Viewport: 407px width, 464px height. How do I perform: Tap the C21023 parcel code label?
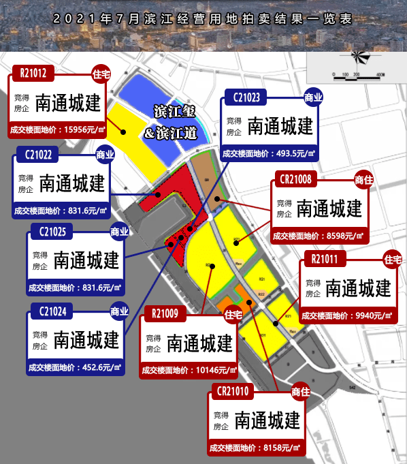(247, 97)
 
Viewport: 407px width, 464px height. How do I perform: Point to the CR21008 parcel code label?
(295, 181)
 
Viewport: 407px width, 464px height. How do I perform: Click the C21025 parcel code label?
(52, 232)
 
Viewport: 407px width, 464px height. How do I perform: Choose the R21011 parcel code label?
(329, 259)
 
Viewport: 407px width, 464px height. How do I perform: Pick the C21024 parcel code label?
(52, 313)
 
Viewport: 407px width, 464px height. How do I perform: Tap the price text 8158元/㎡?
(276, 448)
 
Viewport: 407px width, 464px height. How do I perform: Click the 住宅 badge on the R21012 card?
(100, 70)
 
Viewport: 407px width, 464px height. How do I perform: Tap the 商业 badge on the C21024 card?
(119, 312)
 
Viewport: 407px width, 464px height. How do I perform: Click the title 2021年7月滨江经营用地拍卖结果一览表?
(203, 18)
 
